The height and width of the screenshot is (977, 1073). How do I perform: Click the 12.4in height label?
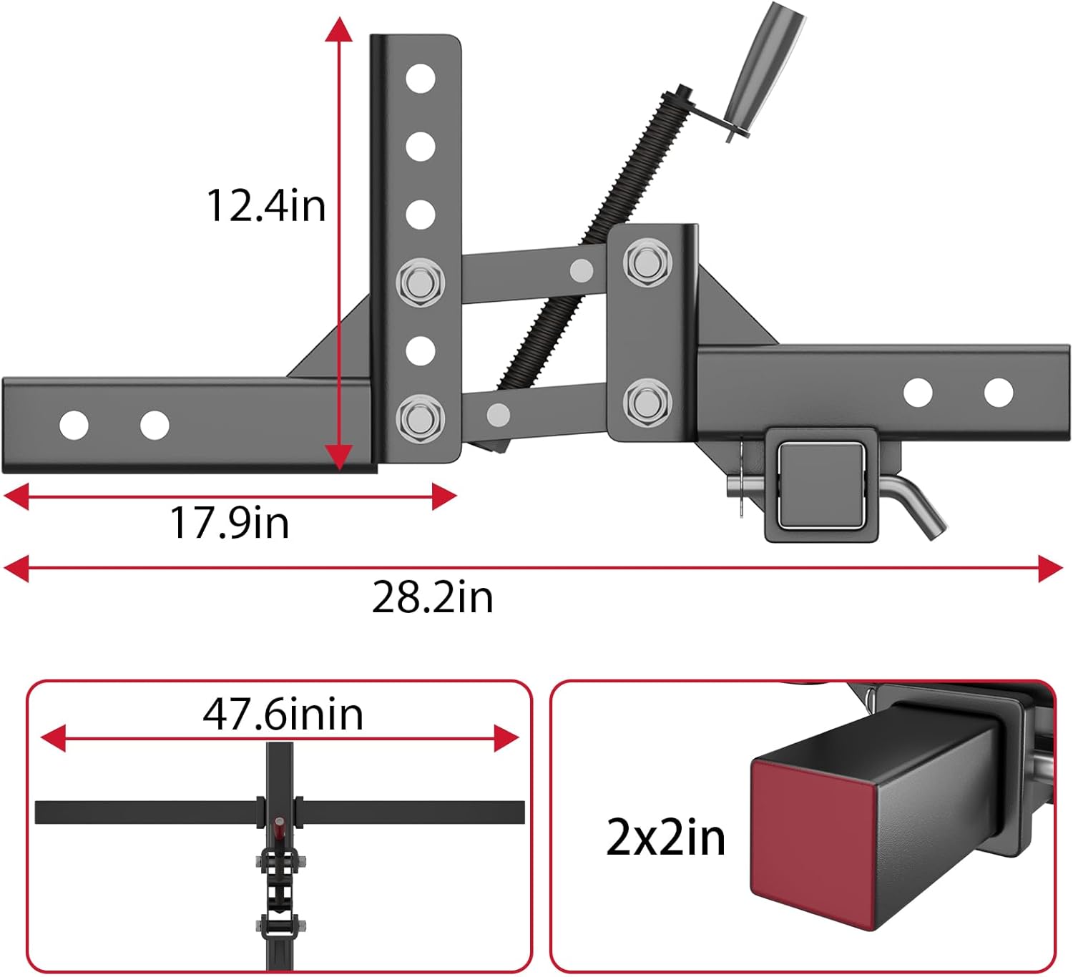265,206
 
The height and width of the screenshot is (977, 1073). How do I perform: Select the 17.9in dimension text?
229,523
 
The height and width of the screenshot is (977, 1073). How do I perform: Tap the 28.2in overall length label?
432,597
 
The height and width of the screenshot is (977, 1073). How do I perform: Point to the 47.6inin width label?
283,715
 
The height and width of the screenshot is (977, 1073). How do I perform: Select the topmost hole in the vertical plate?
420,79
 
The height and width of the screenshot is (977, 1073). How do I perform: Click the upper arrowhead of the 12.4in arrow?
338,30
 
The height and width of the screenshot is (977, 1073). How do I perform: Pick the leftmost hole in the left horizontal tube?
74,425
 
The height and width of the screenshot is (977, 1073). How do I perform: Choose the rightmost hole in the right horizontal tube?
998,393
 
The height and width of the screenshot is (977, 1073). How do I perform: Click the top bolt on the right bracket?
647,262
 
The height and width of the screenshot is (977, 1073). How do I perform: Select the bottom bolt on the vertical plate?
420,417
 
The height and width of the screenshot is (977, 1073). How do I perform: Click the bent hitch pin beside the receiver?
923,509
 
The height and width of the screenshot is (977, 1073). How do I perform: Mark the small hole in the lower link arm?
498,414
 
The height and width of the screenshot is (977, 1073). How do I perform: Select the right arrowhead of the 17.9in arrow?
445,496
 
